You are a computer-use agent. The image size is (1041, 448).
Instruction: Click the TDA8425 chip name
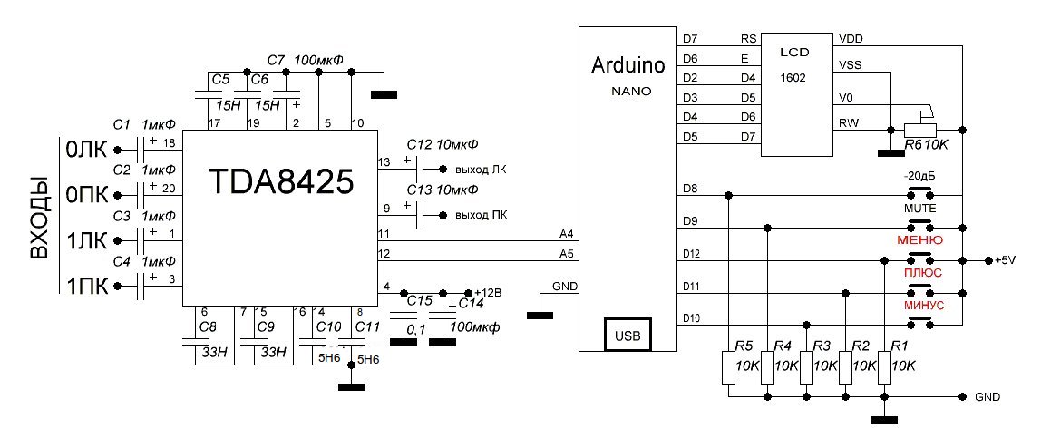click(280, 183)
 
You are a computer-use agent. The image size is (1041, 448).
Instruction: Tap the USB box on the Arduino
click(628, 336)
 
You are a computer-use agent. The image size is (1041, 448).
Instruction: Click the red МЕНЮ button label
click(919, 240)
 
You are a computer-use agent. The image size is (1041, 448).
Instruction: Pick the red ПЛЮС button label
click(922, 272)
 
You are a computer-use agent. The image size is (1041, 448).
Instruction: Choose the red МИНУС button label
click(924, 306)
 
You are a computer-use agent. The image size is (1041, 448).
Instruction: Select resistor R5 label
click(744, 346)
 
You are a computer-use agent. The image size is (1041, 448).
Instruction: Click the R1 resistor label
click(900, 346)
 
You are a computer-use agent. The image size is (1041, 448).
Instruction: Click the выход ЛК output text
click(481, 170)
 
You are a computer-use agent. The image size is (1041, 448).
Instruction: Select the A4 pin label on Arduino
click(568, 235)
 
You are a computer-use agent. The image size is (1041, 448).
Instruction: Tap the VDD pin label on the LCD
click(851, 39)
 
